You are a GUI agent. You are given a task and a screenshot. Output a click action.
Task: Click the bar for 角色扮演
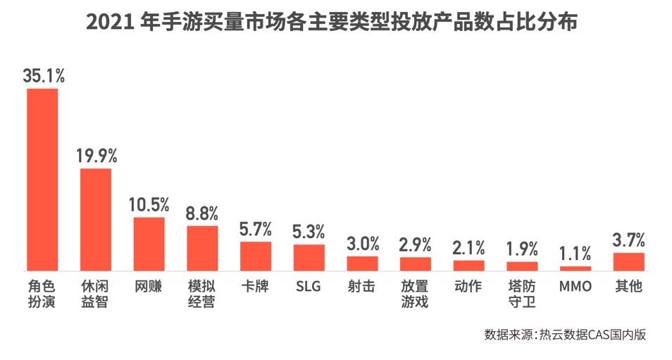click(42, 180)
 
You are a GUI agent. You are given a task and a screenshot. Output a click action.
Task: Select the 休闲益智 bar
click(96, 219)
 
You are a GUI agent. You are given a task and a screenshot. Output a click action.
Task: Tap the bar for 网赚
click(149, 244)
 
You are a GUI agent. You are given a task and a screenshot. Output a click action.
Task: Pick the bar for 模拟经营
click(202, 248)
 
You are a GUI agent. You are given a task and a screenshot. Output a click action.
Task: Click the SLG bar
click(309, 257)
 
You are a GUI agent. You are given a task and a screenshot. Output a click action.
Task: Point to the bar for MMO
click(575, 268)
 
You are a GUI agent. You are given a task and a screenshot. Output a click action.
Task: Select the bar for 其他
click(629, 261)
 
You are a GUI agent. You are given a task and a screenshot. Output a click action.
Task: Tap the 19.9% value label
click(97, 156)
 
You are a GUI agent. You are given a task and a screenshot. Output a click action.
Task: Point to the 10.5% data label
click(149, 205)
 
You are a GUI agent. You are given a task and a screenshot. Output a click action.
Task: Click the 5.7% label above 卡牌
click(256, 230)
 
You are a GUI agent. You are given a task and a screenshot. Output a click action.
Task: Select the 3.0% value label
click(363, 244)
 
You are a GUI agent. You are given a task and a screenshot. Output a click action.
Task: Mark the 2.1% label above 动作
click(469, 248)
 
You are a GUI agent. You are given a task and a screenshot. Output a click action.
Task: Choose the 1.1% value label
click(575, 254)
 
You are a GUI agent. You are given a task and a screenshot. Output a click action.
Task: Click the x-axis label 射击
click(362, 287)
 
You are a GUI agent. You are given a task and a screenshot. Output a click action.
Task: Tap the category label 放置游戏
click(416, 294)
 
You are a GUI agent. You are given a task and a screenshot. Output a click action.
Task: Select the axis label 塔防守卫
click(522, 294)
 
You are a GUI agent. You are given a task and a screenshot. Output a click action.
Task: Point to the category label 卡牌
click(256, 287)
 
